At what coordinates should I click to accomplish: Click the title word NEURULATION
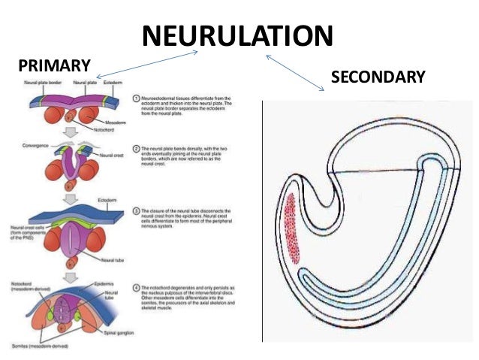(237, 35)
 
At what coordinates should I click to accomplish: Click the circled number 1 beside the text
(134, 98)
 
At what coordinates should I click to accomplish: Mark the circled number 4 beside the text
(134, 285)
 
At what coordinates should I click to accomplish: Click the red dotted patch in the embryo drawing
(293, 229)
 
